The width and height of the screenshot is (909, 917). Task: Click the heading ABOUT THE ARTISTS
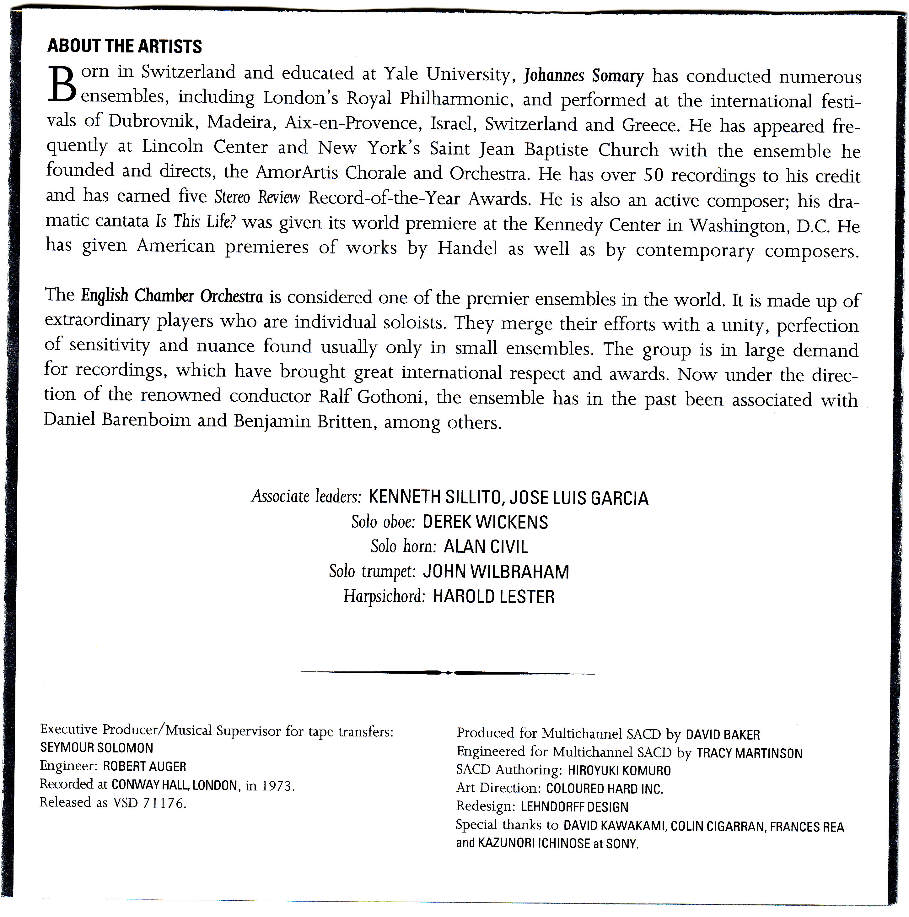[x=125, y=46]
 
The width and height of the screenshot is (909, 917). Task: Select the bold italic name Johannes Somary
[x=584, y=75]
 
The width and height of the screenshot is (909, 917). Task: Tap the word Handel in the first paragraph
[x=467, y=248]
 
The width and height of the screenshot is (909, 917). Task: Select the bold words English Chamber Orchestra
[x=172, y=296]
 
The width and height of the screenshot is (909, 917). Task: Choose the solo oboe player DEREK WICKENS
[x=485, y=522]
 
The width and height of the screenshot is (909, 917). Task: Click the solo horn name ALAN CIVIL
[x=485, y=547]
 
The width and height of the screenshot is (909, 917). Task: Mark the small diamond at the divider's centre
[x=448, y=673]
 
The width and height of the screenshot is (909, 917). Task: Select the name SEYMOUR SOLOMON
[x=97, y=748]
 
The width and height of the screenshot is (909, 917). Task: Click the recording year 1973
[x=277, y=786]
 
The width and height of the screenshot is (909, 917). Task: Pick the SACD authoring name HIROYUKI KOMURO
[x=619, y=771]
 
